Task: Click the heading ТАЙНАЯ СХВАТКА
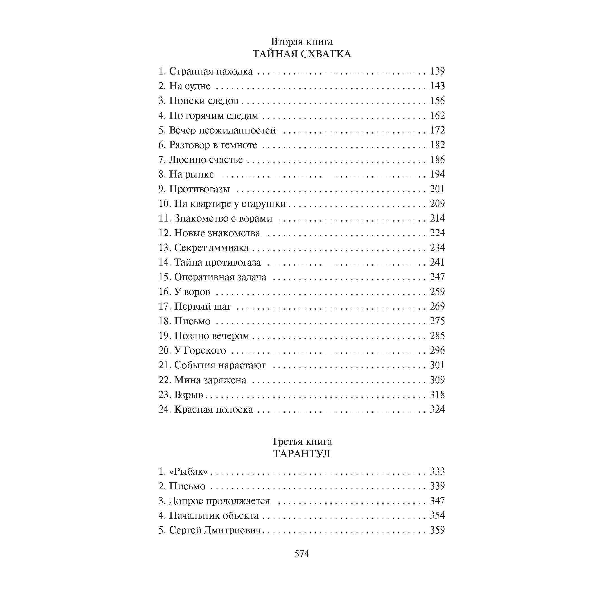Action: [302, 54]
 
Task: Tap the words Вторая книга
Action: [302, 41]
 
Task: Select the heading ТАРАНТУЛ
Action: [302, 454]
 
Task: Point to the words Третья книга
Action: [302, 441]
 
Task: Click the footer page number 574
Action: [302, 554]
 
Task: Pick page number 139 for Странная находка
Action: [437, 71]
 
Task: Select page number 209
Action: [437, 203]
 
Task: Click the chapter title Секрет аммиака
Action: [211, 248]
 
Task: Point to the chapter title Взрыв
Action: [189, 395]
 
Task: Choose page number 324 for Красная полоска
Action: [437, 409]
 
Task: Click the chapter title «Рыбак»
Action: [188, 471]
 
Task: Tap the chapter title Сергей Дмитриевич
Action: [215, 530]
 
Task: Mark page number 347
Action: [437, 501]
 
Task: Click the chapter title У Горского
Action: [200, 350]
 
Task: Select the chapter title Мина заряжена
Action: [210, 380]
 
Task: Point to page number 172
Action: [437, 130]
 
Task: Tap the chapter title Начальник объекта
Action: [214, 516]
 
